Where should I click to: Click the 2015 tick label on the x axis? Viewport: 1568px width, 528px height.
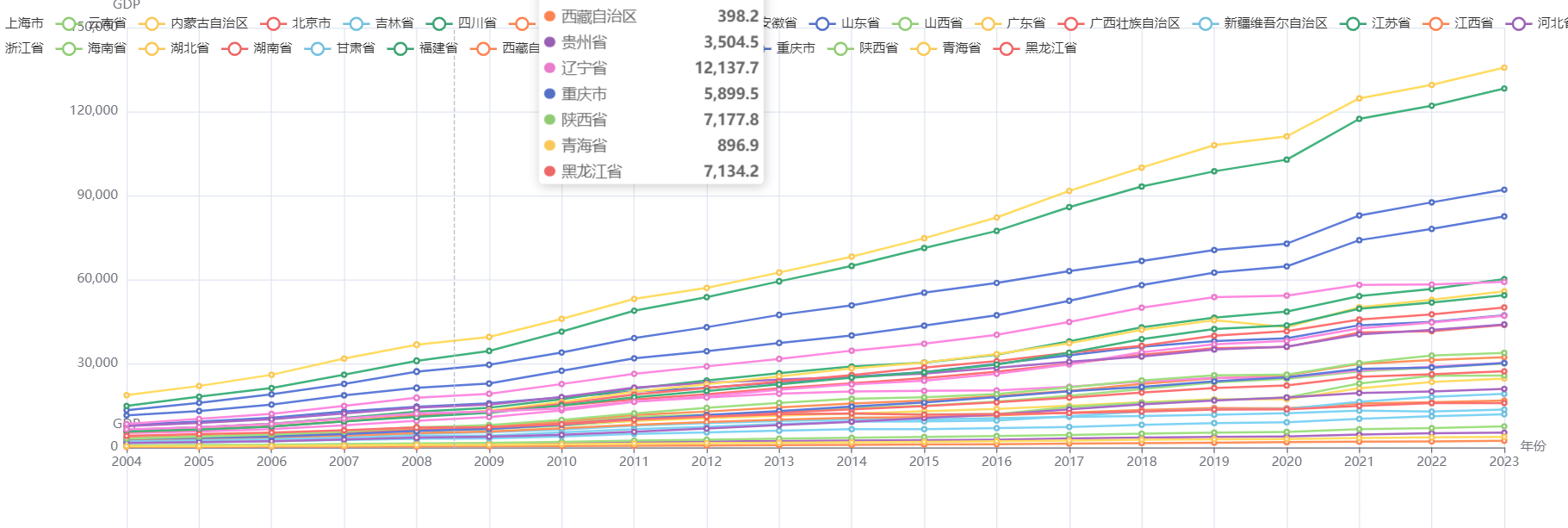(924, 462)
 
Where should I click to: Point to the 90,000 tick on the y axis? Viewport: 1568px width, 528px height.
(97, 195)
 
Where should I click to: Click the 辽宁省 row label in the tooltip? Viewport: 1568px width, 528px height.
(584, 68)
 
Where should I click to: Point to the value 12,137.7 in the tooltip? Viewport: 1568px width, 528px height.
(727, 68)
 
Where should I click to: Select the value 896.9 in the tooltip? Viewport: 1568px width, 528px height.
(738, 146)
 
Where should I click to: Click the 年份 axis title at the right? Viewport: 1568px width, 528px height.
(1533, 445)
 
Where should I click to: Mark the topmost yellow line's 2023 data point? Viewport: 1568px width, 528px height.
(1504, 67)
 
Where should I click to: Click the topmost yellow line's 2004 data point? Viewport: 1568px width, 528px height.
(127, 395)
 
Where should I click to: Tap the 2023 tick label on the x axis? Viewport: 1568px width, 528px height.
(1504, 462)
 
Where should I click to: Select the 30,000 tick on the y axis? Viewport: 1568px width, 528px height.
(97, 363)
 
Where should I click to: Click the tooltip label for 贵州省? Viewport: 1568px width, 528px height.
(584, 42)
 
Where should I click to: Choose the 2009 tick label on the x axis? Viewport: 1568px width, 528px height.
(489, 462)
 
